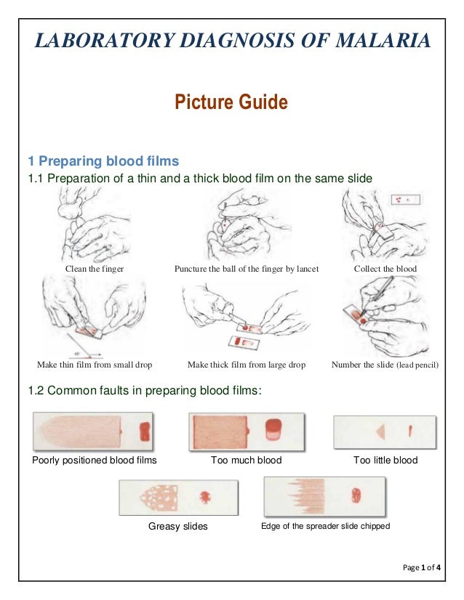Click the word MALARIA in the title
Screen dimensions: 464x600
point(383,41)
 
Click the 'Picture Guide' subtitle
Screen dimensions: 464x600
point(231,102)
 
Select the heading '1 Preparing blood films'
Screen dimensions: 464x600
point(103,161)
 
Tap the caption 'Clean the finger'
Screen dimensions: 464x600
point(95,269)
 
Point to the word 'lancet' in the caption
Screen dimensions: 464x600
point(308,269)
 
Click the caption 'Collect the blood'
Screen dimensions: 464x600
point(385,269)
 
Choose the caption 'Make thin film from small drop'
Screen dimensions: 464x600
point(95,365)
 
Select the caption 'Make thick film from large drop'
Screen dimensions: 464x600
point(247,365)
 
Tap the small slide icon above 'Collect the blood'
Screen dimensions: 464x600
point(405,200)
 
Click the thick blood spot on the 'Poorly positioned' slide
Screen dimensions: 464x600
point(145,431)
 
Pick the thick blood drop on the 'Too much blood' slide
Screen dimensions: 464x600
point(273,429)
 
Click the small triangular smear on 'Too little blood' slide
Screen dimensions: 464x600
point(381,431)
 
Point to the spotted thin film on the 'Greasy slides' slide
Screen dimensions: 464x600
point(159,498)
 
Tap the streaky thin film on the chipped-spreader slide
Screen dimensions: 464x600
point(306,496)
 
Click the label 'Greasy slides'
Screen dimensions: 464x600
point(177,526)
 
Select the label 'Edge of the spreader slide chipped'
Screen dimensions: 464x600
point(325,526)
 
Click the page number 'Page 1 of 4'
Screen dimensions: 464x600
point(422,567)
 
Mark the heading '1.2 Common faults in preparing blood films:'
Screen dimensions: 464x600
point(145,391)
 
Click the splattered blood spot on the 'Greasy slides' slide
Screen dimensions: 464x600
point(205,497)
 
